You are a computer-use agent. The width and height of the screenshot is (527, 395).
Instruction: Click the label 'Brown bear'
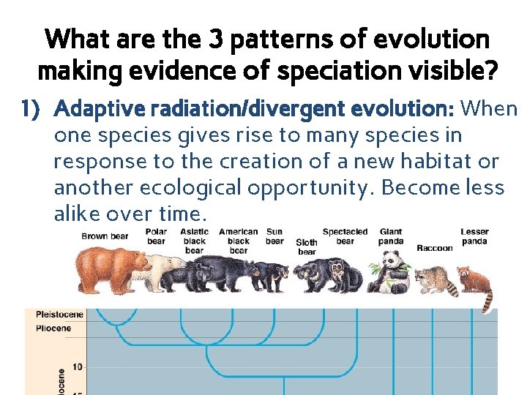tap(105, 236)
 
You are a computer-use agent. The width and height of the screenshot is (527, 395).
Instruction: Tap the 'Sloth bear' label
tap(307, 247)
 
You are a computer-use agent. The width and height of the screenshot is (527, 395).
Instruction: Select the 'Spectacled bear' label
tap(345, 236)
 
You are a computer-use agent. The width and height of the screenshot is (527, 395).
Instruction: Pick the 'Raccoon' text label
tap(435, 248)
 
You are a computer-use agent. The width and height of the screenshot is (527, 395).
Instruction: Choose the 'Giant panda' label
tap(391, 236)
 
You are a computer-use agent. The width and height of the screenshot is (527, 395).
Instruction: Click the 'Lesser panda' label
tap(474, 236)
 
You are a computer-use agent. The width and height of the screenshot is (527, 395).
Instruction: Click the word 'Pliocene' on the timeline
tap(53, 328)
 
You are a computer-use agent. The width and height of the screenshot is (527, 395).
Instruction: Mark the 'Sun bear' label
tap(274, 236)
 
